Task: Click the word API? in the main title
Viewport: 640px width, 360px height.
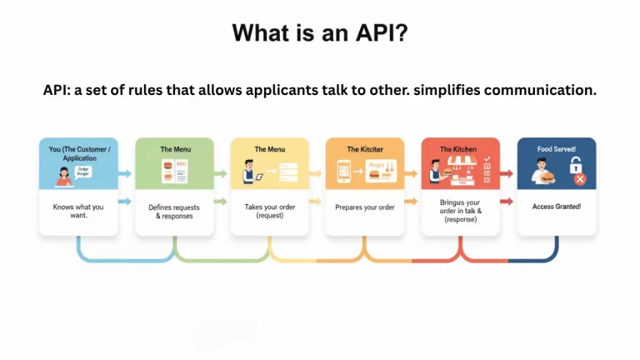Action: (378, 33)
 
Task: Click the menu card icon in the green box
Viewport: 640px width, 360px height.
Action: (174, 174)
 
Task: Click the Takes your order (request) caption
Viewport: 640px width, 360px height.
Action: (269, 211)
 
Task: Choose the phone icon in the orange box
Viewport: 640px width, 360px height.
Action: (343, 172)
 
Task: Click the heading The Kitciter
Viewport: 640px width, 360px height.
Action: (364, 149)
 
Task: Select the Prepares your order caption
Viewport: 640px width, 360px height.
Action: (364, 207)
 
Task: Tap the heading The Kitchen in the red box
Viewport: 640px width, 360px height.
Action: (459, 149)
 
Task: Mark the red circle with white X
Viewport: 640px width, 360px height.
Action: (580, 180)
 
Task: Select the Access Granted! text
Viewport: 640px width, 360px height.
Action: (556, 207)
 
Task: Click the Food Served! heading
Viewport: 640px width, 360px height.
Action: (556, 149)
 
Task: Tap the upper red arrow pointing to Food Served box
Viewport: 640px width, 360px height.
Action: (507, 174)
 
